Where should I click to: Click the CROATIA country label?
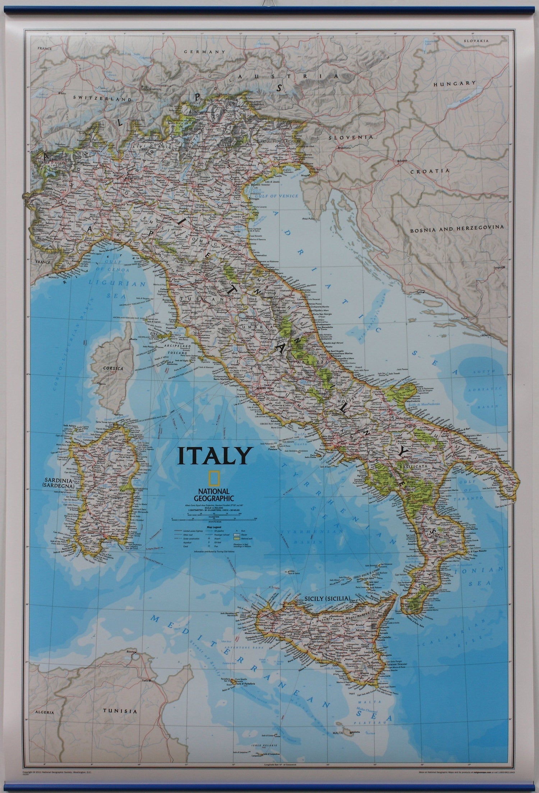pyautogui.click(x=430, y=171)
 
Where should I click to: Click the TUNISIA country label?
pyautogui.click(x=120, y=711)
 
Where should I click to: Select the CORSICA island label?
pyautogui.click(x=113, y=368)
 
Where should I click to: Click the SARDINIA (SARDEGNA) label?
pyautogui.click(x=59, y=483)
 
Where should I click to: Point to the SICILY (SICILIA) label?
pyautogui.click(x=327, y=598)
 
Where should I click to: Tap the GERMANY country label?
pyautogui.click(x=204, y=52)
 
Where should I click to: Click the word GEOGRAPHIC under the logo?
pyautogui.click(x=213, y=498)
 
